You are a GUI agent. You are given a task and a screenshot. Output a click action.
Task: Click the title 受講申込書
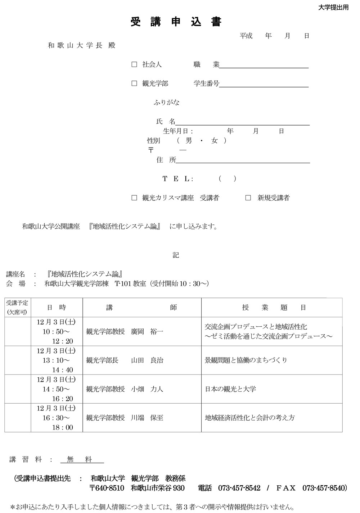pyautogui.click(x=176, y=22)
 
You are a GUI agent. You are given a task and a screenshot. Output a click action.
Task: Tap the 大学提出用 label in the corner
pyautogui.click(x=333, y=8)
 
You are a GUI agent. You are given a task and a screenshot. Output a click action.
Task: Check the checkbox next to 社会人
pyautogui.click(x=134, y=65)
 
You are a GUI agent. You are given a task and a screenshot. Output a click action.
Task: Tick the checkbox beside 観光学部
pyautogui.click(x=134, y=84)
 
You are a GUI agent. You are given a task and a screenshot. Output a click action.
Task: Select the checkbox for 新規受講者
pyautogui.click(x=248, y=198)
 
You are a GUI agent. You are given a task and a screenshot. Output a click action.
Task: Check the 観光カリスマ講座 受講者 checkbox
pyautogui.click(x=134, y=198)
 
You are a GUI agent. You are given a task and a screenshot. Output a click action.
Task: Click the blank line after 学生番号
pyautogui.click(x=264, y=84)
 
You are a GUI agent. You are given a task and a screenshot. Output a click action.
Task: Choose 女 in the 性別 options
pyautogui.click(x=215, y=141)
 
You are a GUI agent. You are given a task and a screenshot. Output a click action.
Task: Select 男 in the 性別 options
pyautogui.click(x=189, y=141)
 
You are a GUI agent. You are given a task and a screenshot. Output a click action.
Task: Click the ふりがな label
pyautogui.click(x=166, y=103)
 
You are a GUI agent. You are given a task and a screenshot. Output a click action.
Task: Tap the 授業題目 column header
pyautogui.click(x=274, y=308)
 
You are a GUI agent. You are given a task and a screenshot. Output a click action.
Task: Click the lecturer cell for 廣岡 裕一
pyautogui.click(x=142, y=331)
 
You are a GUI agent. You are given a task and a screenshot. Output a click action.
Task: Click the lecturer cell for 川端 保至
pyautogui.click(x=142, y=418)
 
